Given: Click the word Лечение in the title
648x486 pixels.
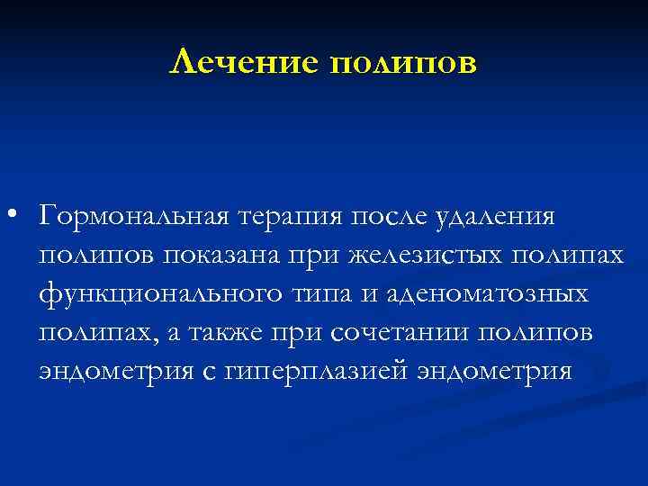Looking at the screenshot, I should tap(244, 62).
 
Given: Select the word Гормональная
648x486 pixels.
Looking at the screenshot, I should tap(136, 217).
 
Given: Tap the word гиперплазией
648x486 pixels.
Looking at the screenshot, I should tap(299, 371).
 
